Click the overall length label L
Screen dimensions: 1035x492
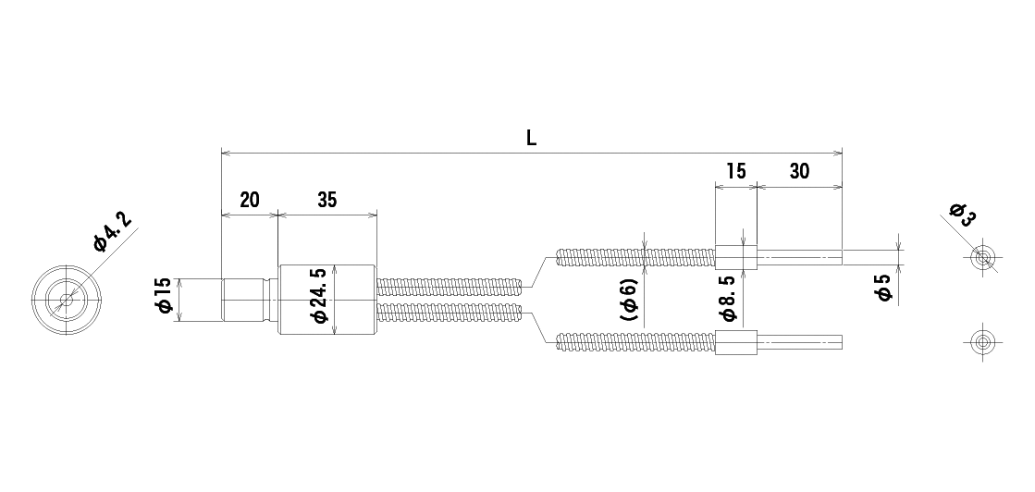tap(531, 138)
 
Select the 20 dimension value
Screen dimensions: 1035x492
tap(250, 200)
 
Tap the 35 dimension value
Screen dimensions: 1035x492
tap(327, 200)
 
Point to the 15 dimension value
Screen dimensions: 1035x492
tap(735, 171)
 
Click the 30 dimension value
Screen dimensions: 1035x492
tap(799, 171)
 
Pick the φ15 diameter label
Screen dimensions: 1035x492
tap(164, 295)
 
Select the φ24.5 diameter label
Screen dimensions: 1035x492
tap(319, 295)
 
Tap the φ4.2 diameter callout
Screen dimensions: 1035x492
tap(113, 232)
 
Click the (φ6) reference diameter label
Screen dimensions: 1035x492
tap(629, 299)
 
